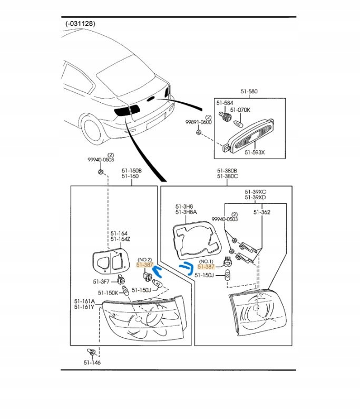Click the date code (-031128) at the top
[x=81, y=24]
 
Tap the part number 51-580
[x=250, y=92]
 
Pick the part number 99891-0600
[x=198, y=122]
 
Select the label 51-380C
[x=227, y=177]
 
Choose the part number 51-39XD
[x=255, y=197]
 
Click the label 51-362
[x=261, y=212]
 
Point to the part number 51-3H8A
[x=186, y=212]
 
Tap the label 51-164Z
[x=120, y=239]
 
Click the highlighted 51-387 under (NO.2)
[x=144, y=266]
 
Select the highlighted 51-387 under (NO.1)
[x=206, y=267]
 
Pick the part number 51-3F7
[x=101, y=281]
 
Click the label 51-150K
[x=107, y=292]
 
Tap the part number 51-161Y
[x=84, y=307]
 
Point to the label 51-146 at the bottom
[x=92, y=363]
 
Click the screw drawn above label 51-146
[x=91, y=351]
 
